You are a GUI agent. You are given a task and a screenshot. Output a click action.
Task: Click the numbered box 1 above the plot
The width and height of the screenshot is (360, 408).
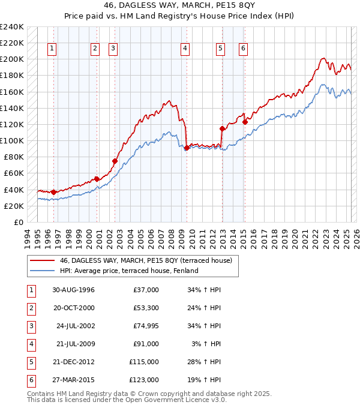click(x=52, y=49)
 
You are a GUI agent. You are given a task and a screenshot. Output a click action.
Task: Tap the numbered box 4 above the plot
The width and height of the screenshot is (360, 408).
click(x=185, y=49)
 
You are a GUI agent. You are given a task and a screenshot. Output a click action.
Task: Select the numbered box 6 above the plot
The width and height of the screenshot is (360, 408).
click(x=243, y=49)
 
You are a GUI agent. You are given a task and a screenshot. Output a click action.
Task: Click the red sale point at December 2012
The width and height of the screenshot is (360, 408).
click(x=223, y=128)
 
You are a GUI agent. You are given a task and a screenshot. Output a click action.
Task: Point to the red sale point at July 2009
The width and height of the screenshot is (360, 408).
click(x=187, y=148)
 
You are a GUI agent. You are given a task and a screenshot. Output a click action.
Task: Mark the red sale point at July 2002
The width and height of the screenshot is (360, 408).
click(x=115, y=161)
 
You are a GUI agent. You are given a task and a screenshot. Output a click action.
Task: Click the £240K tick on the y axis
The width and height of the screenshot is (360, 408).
click(x=12, y=27)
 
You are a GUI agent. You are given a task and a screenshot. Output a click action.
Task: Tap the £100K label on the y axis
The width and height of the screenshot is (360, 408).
click(x=12, y=140)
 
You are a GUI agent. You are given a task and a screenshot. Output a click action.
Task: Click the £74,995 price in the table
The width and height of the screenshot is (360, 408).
click(x=144, y=326)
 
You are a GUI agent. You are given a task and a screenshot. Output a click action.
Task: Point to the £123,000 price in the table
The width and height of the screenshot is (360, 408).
click(x=144, y=380)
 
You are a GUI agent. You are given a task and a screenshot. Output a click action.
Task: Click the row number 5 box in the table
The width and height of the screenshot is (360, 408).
click(x=31, y=362)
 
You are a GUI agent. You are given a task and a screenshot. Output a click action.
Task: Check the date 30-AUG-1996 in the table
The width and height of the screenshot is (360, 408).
click(x=74, y=290)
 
